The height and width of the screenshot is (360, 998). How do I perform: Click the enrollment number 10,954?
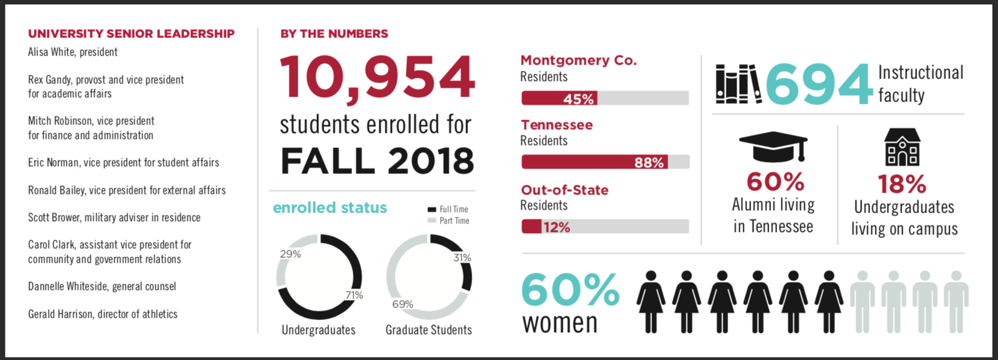point(377,77)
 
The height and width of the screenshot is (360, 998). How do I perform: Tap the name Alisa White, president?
point(72,52)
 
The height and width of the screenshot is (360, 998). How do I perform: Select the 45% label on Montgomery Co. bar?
point(578,98)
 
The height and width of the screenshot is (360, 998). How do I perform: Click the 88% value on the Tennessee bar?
point(648,162)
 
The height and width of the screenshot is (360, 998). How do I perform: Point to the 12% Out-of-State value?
point(556,227)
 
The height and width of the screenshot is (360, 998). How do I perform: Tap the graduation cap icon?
point(773,146)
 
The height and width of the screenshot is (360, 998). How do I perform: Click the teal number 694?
point(819,85)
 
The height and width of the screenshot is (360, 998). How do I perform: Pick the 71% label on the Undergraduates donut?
point(354,295)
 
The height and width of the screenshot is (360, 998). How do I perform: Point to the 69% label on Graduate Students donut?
point(402,304)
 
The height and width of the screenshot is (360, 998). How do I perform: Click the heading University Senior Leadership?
point(131,34)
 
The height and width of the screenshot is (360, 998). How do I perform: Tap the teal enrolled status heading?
point(330,208)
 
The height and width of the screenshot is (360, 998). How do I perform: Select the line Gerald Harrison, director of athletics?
point(103,314)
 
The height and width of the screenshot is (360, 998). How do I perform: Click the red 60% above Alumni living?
point(775,182)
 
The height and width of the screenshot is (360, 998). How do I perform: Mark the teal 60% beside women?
point(570,289)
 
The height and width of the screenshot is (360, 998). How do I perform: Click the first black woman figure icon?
point(651,301)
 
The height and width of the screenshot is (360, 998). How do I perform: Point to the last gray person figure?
point(956,301)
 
